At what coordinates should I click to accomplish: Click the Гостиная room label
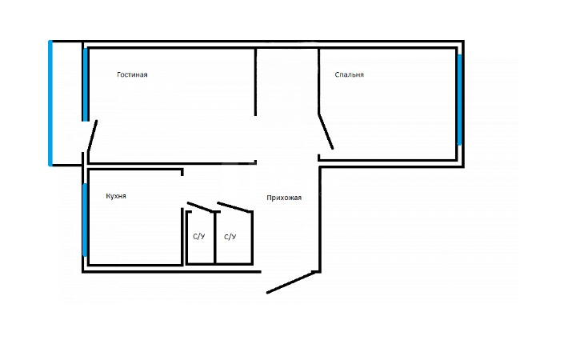132,74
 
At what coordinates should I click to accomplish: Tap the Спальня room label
350,74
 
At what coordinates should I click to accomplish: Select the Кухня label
116,196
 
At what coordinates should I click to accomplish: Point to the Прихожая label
284,198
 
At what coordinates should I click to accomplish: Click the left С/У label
198,236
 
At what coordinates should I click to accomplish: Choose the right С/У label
230,237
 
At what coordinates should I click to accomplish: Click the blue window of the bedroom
459,99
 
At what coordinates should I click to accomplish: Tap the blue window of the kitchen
85,220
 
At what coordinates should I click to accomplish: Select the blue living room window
86,85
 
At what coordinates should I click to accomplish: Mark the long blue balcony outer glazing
50,103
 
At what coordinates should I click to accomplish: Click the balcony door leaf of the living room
92,135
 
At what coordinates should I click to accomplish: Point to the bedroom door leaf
326,131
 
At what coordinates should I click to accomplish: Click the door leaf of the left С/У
201,207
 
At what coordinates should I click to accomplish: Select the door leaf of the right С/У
234,207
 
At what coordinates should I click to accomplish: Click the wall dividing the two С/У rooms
215,238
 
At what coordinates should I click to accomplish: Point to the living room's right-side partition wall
256,82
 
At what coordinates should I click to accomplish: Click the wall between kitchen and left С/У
182,236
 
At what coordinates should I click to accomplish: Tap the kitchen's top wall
136,170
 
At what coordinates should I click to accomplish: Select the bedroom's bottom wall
387,161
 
